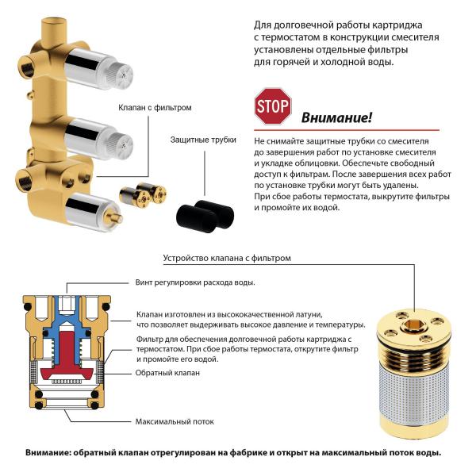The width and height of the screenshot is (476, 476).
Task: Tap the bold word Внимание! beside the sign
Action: [336, 118]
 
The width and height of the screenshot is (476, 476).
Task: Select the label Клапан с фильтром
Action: [155, 107]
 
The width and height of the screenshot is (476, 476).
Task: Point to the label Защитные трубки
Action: [203, 140]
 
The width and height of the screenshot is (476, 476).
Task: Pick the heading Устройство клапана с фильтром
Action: [227, 258]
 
